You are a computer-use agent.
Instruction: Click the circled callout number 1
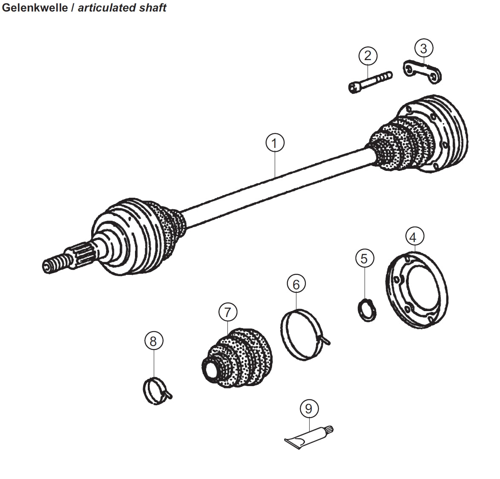click(x=275, y=143)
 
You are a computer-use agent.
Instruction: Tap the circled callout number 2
click(x=368, y=55)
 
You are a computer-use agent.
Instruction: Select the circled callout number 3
click(x=423, y=48)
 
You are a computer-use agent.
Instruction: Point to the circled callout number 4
click(x=414, y=237)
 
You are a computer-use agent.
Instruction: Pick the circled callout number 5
click(x=364, y=258)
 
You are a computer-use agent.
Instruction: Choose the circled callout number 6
click(x=296, y=284)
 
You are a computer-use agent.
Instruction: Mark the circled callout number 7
click(x=228, y=312)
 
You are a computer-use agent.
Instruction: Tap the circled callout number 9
click(x=309, y=409)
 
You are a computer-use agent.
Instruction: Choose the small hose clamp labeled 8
click(x=154, y=389)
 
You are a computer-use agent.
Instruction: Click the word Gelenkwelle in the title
click(x=34, y=8)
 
